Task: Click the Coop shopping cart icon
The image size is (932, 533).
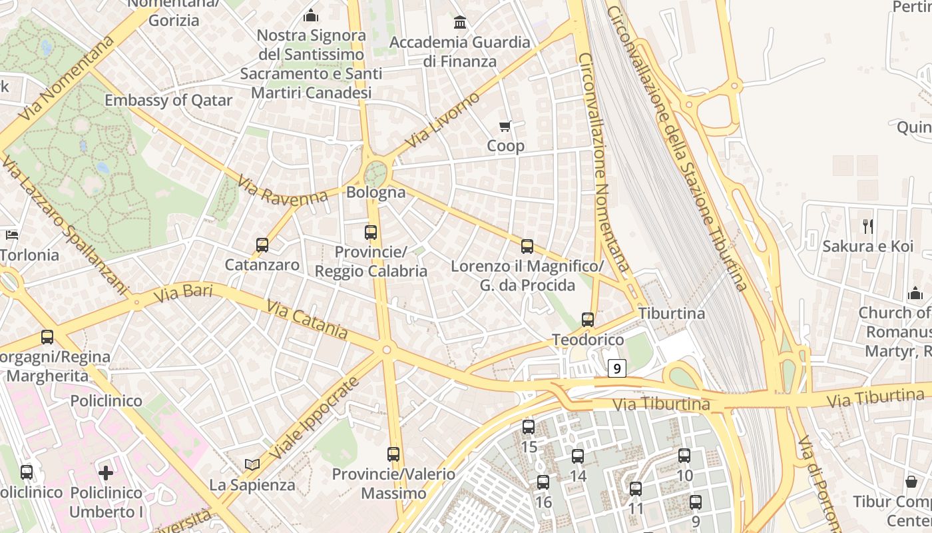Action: point(505,126)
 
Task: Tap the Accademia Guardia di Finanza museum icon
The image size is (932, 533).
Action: point(460,23)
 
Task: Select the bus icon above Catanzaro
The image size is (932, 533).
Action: point(262,245)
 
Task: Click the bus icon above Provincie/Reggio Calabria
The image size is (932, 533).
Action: point(371,233)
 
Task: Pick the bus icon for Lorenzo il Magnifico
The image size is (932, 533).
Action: point(527,247)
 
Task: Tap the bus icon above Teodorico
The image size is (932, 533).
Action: point(588,320)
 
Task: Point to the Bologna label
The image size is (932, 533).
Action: point(375,193)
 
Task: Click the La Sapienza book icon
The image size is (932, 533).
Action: point(252,465)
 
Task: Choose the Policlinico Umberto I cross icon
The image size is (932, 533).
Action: point(106,473)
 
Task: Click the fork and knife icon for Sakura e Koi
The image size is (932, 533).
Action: point(868,226)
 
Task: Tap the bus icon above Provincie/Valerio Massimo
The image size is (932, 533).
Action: point(393,454)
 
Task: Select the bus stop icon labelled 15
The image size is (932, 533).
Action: point(529,427)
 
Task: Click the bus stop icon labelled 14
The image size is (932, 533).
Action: point(578,456)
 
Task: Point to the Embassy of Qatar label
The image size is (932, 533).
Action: point(168,101)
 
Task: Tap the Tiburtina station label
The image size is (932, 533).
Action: point(671,313)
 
